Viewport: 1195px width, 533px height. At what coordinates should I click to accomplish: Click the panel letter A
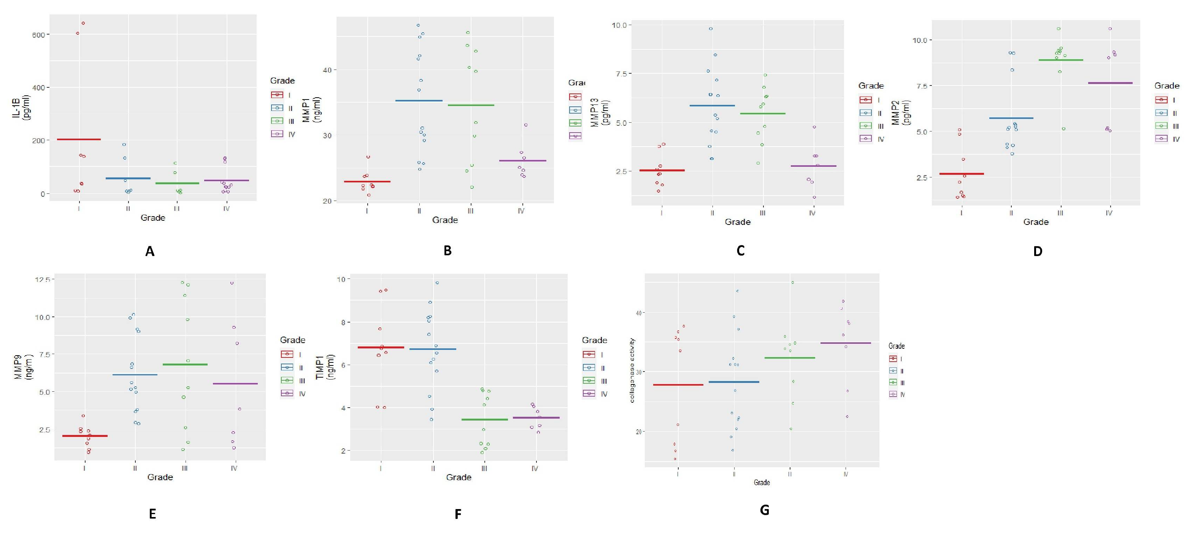pyautogui.click(x=149, y=251)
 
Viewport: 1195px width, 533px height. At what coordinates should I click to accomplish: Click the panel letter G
pyautogui.click(x=764, y=510)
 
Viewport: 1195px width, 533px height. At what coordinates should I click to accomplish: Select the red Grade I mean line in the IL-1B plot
pyautogui.click(x=79, y=139)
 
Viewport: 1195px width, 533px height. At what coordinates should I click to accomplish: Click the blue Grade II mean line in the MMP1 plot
pyautogui.click(x=419, y=101)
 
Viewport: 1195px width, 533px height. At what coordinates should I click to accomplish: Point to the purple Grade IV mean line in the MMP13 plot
pyautogui.click(x=813, y=166)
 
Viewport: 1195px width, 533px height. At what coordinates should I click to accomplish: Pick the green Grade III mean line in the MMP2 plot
pyautogui.click(x=1060, y=60)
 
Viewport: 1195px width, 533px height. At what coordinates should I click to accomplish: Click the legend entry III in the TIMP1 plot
pyautogui.click(x=603, y=381)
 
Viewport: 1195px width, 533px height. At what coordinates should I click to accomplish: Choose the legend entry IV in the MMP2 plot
pyautogui.click(x=1176, y=139)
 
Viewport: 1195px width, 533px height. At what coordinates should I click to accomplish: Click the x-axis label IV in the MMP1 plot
pyautogui.click(x=521, y=211)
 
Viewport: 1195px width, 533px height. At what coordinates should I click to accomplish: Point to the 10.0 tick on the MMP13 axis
pyautogui.click(x=619, y=25)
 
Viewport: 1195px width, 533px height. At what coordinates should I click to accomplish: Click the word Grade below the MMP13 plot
pyautogui.click(x=738, y=222)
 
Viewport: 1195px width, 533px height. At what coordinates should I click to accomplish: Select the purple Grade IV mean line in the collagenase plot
pyautogui.click(x=845, y=343)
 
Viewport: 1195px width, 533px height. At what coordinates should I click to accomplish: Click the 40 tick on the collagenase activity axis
pyautogui.click(x=639, y=313)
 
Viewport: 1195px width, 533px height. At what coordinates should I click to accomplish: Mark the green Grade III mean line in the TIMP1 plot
pyautogui.click(x=484, y=419)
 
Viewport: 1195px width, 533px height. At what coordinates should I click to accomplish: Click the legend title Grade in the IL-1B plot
pyautogui.click(x=282, y=81)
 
